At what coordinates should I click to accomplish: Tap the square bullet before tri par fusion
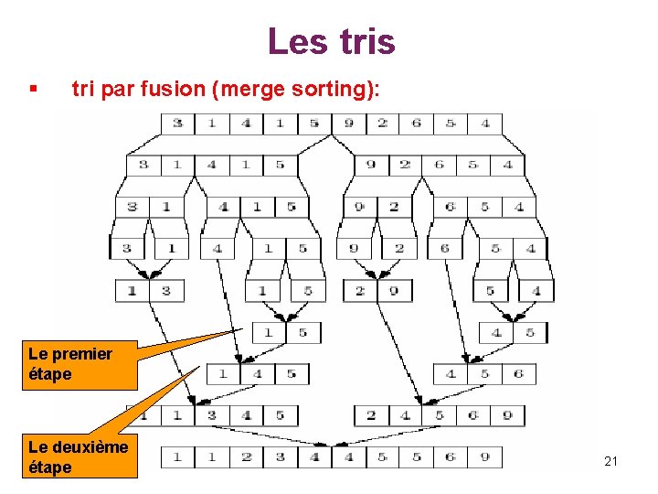point(33,90)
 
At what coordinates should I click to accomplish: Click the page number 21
point(611,461)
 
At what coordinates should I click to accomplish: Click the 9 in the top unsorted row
point(348,123)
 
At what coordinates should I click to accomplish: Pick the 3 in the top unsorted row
point(177,123)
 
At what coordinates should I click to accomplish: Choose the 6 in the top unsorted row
point(417,123)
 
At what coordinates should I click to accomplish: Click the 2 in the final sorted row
point(245,456)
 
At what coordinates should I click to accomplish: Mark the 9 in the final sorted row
point(483,456)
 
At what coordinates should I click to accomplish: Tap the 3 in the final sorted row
point(279,456)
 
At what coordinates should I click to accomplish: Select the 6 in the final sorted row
point(450,456)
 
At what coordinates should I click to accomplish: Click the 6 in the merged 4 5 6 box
point(519,373)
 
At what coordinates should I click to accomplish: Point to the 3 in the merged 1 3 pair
point(166,291)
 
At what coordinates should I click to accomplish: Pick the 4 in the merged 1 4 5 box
point(257,373)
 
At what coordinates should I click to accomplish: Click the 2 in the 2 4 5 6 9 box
point(370,414)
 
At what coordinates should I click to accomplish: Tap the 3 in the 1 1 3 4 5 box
point(211,414)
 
